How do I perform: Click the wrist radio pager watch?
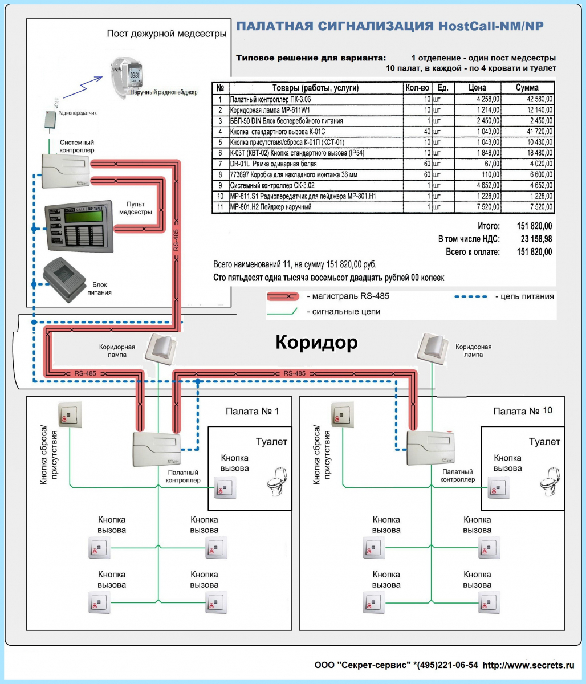click(x=127, y=78)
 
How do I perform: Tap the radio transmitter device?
click(x=50, y=120)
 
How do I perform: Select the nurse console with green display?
click(x=79, y=226)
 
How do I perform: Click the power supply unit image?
click(x=64, y=279)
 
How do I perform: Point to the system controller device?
click(x=66, y=171)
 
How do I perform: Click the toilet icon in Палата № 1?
click(x=276, y=482)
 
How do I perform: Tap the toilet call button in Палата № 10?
click(x=498, y=487)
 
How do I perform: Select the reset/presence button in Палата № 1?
click(x=70, y=414)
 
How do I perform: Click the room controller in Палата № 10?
click(x=430, y=447)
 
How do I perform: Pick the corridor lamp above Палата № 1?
click(x=161, y=349)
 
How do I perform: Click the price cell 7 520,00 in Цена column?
click(x=488, y=207)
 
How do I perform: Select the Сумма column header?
click(x=527, y=88)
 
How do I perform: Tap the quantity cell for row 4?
click(x=427, y=131)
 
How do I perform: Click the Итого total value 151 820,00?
click(x=534, y=226)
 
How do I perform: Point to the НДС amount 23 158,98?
click(x=536, y=239)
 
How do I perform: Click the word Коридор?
click(x=317, y=342)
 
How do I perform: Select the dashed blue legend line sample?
click(x=470, y=296)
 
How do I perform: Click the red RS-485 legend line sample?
click(x=283, y=296)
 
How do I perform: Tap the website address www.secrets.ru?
click(x=528, y=665)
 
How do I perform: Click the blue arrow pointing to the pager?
click(x=83, y=87)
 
